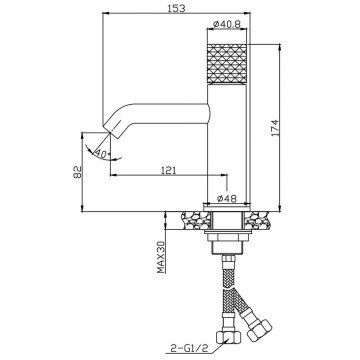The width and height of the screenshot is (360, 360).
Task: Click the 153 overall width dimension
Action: pyautogui.click(x=177, y=8)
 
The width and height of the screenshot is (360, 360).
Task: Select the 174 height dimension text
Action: pyautogui.click(x=275, y=128)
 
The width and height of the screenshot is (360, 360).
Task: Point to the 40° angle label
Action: pyautogui.click(x=102, y=154)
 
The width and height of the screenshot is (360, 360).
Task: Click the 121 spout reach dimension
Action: pyautogui.click(x=169, y=171)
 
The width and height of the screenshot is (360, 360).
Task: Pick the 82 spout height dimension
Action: pyautogui.click(x=77, y=172)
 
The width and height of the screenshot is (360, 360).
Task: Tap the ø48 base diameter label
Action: pyautogui.click(x=227, y=199)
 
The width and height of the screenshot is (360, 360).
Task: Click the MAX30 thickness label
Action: pyautogui.click(x=162, y=257)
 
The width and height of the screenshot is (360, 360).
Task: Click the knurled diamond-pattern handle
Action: pyautogui.click(x=227, y=63)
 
